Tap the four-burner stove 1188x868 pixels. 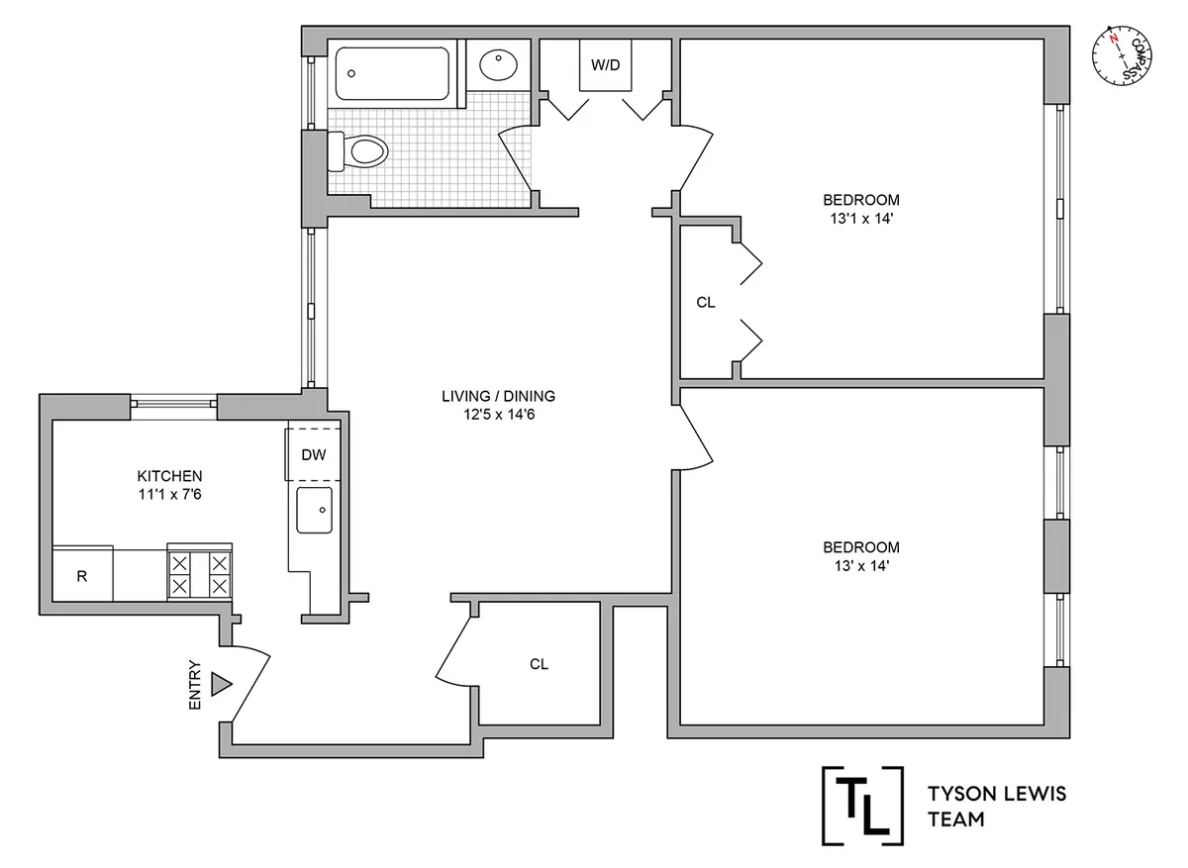pos(200,573)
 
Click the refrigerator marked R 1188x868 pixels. pos(82,576)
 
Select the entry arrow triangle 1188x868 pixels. pos(221,684)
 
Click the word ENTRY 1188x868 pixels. pos(194,685)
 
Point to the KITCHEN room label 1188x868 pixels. pos(170,475)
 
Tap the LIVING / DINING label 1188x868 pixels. pos(498,396)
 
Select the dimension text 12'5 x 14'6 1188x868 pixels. pos(498,415)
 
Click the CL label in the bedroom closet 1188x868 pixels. pos(705,303)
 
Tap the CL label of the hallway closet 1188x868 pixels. pos(539,664)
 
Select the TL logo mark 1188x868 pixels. pos(863,804)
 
